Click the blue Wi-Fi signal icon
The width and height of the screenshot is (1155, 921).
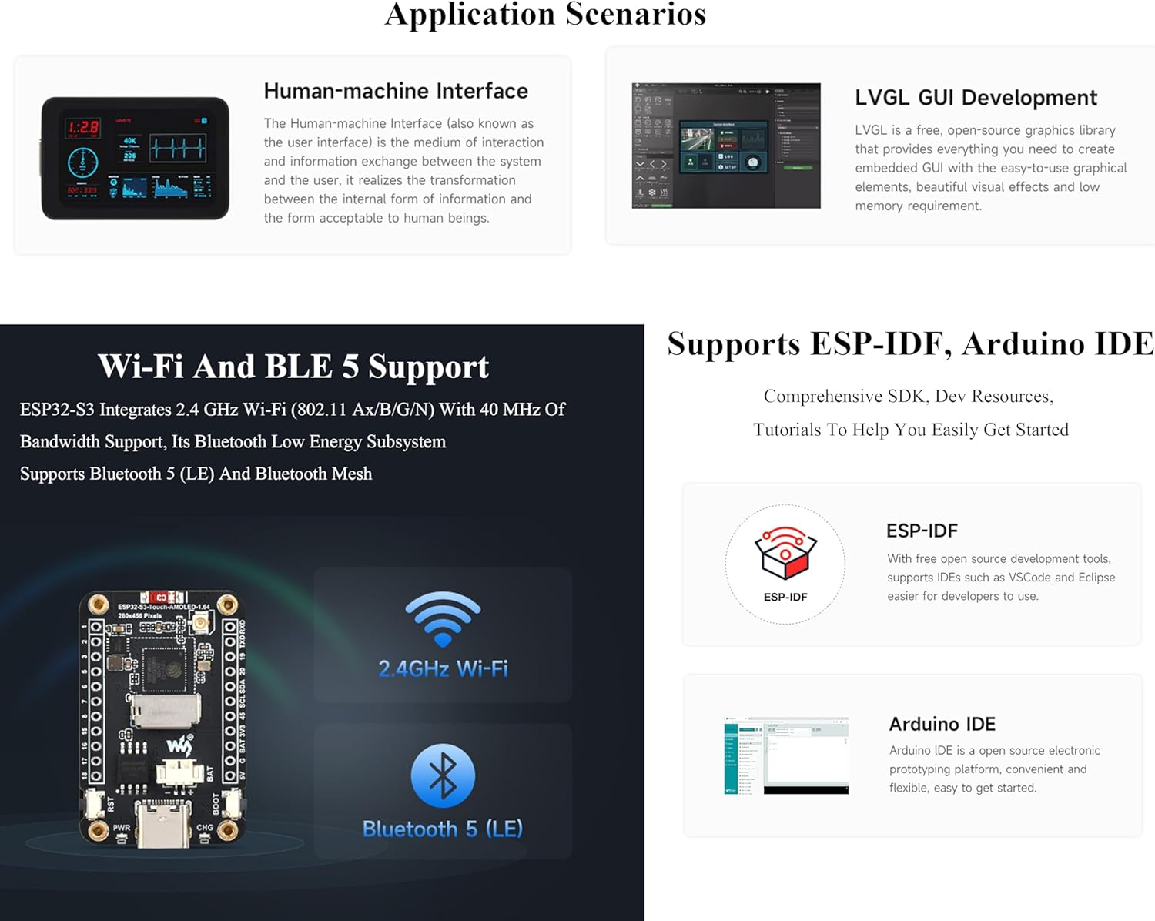(443, 618)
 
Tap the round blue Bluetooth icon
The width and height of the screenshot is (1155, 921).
(443, 775)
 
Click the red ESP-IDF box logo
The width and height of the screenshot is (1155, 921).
(785, 552)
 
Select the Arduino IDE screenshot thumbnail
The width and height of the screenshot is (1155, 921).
(786, 755)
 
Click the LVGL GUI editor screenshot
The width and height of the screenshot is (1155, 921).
(726, 146)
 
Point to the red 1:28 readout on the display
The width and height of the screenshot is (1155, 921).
(83, 128)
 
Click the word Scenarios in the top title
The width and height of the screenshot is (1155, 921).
(635, 14)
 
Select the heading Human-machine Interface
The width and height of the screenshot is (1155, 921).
(396, 91)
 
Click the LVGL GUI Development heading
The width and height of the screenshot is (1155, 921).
(976, 98)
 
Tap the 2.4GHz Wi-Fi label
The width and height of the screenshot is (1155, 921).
(443, 668)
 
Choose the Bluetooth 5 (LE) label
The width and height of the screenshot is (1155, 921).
(443, 829)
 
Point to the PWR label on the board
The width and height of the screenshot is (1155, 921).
(122, 828)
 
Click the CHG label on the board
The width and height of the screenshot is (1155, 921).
(205, 828)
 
